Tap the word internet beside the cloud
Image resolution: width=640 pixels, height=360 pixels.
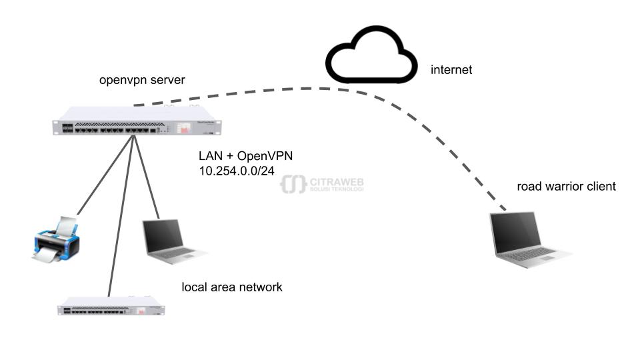pyautogui.click(x=451, y=69)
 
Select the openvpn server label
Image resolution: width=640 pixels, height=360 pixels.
pyautogui.click(x=142, y=81)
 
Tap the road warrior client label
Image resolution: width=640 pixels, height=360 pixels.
pyautogui.click(x=566, y=187)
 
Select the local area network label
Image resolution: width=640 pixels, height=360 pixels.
pyautogui.click(x=232, y=287)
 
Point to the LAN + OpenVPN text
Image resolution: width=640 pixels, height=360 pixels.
pyautogui.click(x=246, y=156)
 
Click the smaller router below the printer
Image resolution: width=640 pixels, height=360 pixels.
pyautogui.click(x=111, y=308)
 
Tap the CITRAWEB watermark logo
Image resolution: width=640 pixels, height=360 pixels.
pyautogui.click(x=323, y=184)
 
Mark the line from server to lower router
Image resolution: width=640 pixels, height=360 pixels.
pyautogui.click(x=121, y=213)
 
